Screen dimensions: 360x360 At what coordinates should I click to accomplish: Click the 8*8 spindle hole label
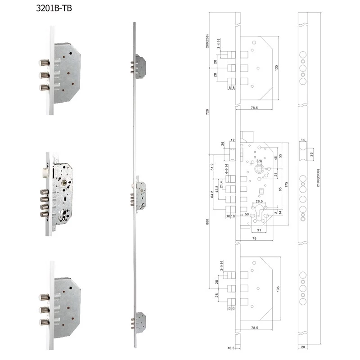(x=259, y=161)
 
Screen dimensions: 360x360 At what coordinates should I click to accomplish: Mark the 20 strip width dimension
(x=304, y=348)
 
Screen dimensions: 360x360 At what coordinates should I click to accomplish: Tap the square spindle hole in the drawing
(x=260, y=169)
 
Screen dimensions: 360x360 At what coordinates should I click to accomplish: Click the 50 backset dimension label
(x=247, y=214)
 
